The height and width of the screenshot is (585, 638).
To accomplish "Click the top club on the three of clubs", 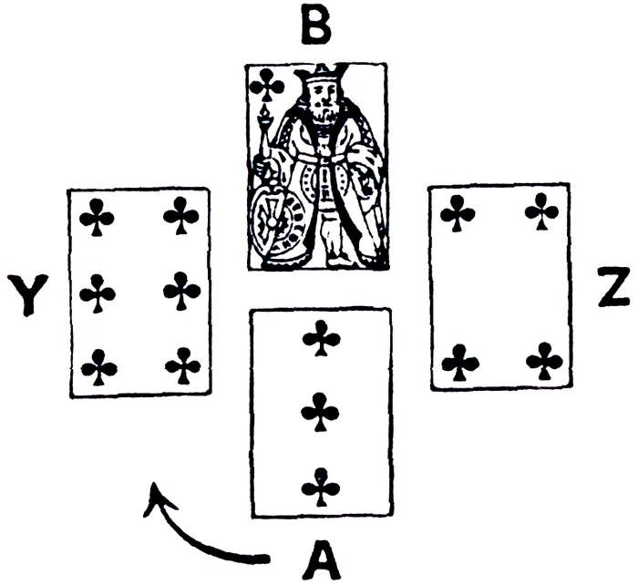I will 320,341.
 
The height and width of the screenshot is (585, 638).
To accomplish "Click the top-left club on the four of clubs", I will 457,214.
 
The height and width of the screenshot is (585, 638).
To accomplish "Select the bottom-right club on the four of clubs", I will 543,362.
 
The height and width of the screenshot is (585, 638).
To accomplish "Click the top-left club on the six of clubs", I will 97,217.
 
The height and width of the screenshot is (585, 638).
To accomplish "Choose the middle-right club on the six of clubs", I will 181,291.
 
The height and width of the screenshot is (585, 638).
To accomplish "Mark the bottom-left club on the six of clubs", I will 98,368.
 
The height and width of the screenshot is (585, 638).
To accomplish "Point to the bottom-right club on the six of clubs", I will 182,366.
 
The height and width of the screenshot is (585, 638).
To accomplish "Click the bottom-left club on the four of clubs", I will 459,363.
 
